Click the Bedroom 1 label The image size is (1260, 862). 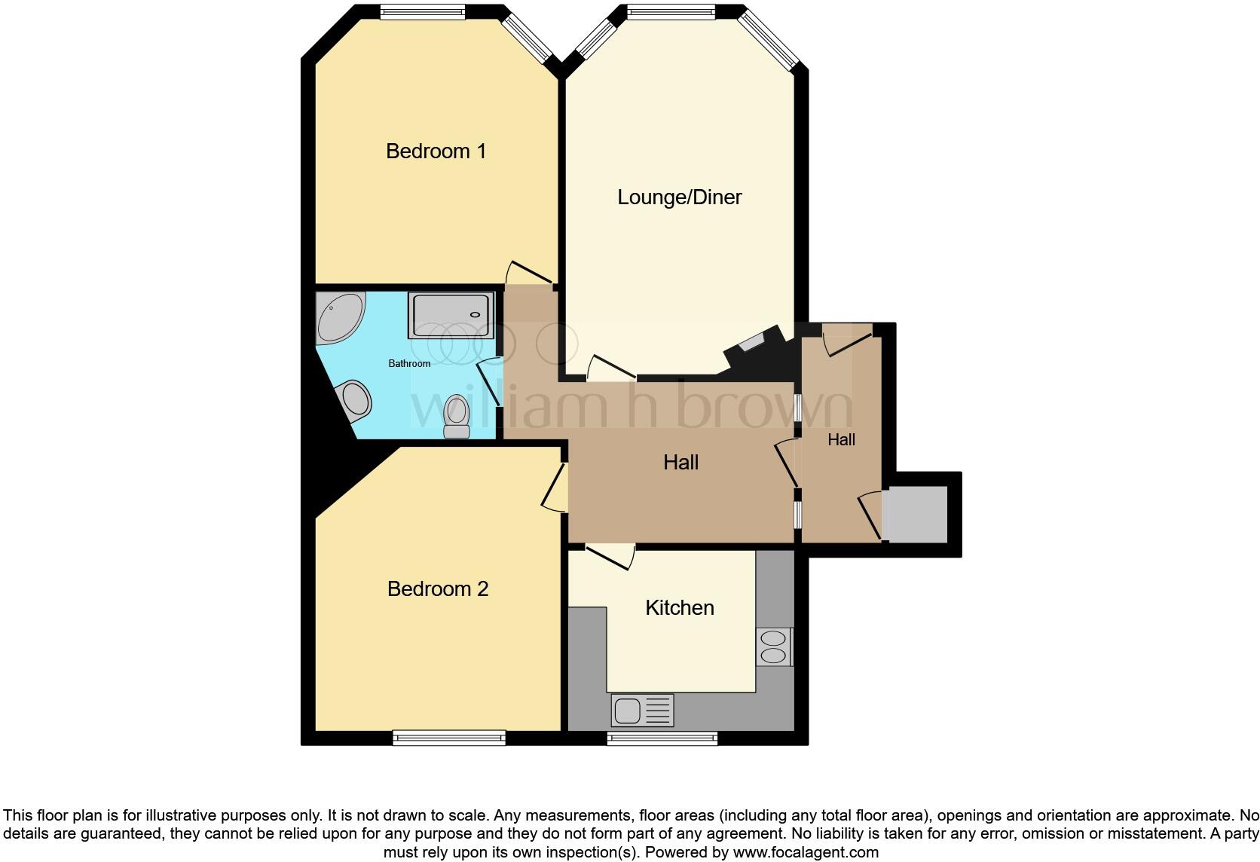click(436, 151)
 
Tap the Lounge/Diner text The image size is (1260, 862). click(679, 197)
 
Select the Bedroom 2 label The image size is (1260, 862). click(437, 589)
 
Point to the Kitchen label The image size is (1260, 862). click(679, 608)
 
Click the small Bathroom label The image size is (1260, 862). click(409, 364)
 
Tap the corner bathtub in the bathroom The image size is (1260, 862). click(338, 316)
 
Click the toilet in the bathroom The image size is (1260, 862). click(457, 417)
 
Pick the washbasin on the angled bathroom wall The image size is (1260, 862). click(355, 399)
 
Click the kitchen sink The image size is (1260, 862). click(642, 711)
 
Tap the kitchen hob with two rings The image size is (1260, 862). click(774, 647)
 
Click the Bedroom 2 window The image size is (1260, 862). click(448, 738)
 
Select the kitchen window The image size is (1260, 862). click(662, 738)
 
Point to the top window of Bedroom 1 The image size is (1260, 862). click(422, 12)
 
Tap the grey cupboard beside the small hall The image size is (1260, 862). click(916, 514)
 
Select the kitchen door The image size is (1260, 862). click(610, 556)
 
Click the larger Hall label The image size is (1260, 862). click(680, 463)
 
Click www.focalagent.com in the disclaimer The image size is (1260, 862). click(806, 853)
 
